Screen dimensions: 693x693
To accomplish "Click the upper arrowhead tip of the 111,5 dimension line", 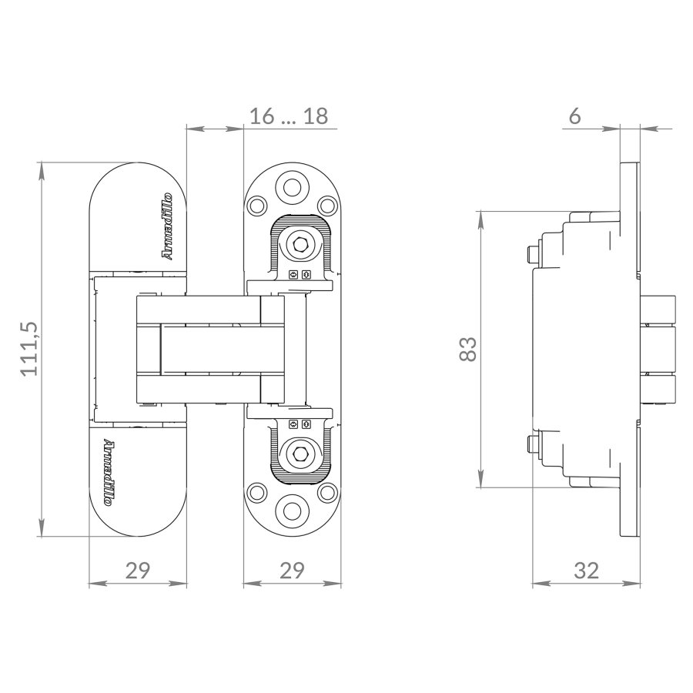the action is [x=42, y=162].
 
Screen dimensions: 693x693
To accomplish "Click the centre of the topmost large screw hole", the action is [x=292, y=187].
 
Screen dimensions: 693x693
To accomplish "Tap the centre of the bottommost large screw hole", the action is [x=292, y=511].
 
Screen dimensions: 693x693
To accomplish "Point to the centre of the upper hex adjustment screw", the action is [x=300, y=243].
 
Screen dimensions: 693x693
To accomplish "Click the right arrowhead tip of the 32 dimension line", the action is [x=641, y=584].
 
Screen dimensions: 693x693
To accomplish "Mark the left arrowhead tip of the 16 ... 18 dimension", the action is [x=186, y=129].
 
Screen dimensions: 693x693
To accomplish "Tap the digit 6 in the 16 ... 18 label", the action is [x=268, y=116].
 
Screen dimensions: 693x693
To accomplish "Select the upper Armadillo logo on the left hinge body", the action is [x=168, y=226].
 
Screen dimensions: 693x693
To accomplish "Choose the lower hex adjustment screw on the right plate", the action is [x=300, y=454].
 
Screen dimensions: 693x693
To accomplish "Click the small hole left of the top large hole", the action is [x=256, y=206].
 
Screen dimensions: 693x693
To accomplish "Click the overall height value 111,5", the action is [x=30, y=349].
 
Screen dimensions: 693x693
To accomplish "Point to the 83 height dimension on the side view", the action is [x=468, y=349].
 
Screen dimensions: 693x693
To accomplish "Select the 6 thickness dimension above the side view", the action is [x=574, y=116].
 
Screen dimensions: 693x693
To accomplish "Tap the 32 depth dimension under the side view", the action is [x=586, y=571].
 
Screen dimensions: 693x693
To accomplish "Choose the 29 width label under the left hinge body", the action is [x=138, y=571].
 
